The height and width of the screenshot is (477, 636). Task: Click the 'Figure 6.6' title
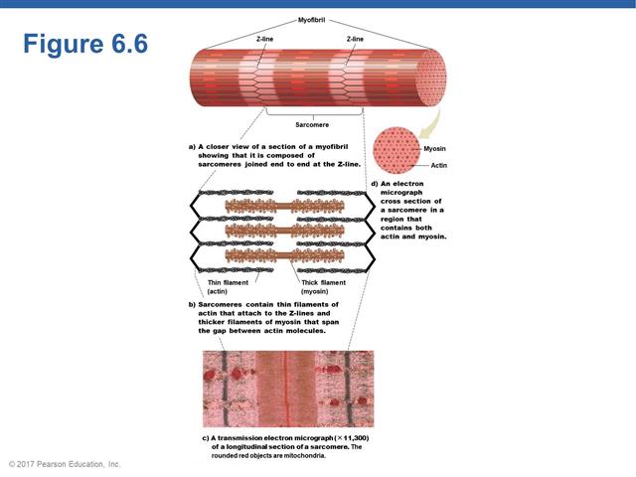coord(84,45)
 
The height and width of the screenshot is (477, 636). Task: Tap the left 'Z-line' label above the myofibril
coord(264,38)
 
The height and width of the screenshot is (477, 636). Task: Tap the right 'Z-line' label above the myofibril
coord(355,38)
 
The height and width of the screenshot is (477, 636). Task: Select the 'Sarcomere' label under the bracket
coord(312,124)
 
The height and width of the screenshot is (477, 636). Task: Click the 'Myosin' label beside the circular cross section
coord(434,148)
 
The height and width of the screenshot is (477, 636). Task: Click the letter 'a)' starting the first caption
coord(192,146)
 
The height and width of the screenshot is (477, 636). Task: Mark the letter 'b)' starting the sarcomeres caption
coord(192,304)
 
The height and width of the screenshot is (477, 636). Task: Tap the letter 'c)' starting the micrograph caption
coord(206,437)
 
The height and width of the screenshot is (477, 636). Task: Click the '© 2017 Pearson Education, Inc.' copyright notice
coord(64,464)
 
